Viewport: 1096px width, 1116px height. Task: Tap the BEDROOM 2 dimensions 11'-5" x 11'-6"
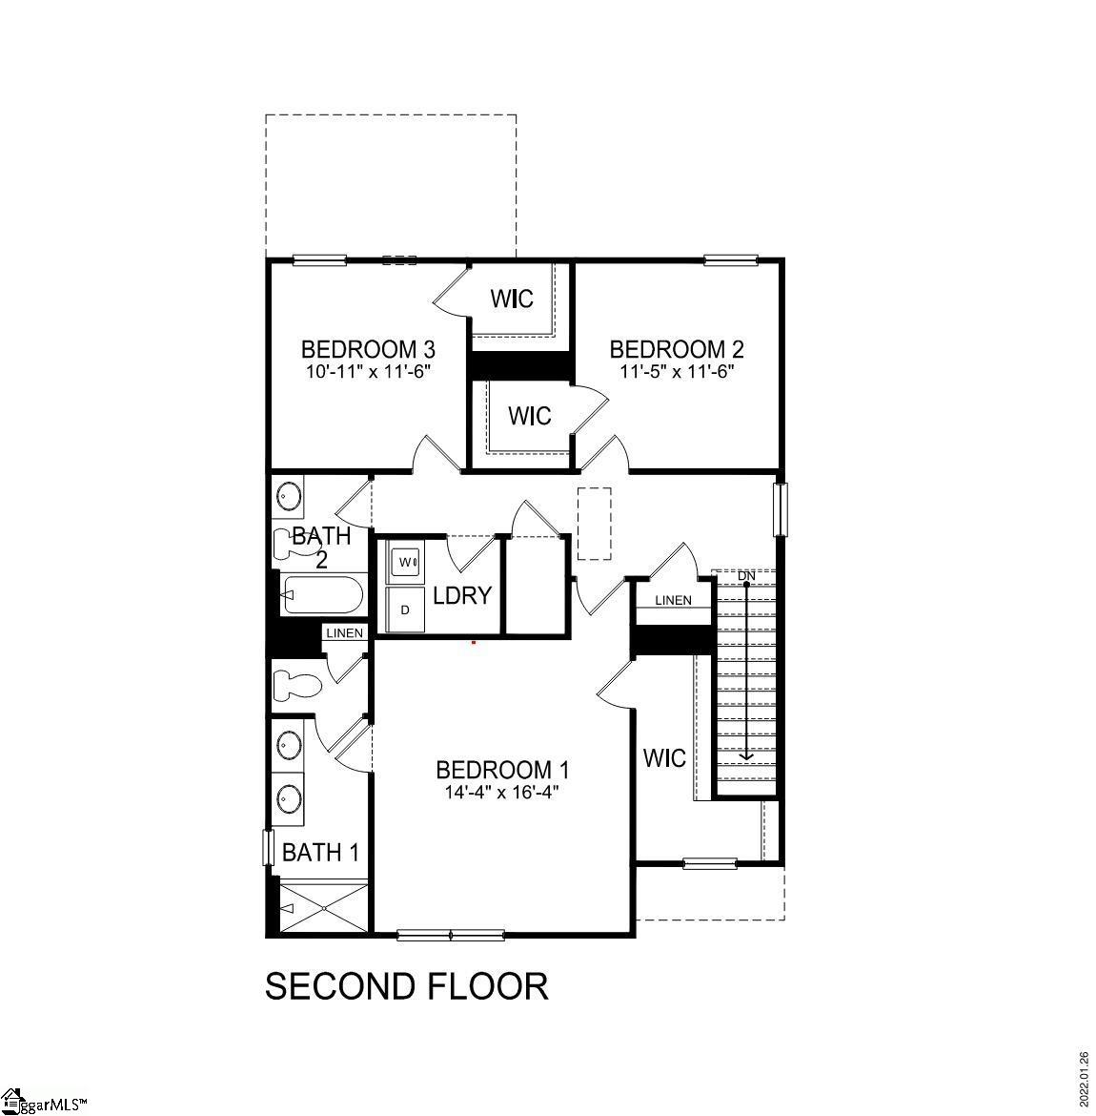tap(676, 371)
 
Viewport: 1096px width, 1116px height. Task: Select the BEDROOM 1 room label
tap(502, 770)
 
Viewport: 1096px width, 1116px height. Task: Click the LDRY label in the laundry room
tap(462, 596)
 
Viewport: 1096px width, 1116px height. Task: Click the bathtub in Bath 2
tap(323, 597)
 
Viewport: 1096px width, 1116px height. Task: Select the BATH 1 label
tap(320, 852)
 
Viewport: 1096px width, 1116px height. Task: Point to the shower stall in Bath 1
tap(323, 907)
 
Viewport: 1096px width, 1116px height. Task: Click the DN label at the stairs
tap(746, 576)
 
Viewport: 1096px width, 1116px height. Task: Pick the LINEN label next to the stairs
tap(673, 600)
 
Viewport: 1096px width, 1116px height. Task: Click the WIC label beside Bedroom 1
tap(664, 758)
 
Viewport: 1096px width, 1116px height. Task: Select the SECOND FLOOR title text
tap(406, 986)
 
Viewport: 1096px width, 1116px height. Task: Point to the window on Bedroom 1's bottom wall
tap(450, 935)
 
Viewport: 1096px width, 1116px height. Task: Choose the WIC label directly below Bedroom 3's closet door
tap(529, 416)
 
